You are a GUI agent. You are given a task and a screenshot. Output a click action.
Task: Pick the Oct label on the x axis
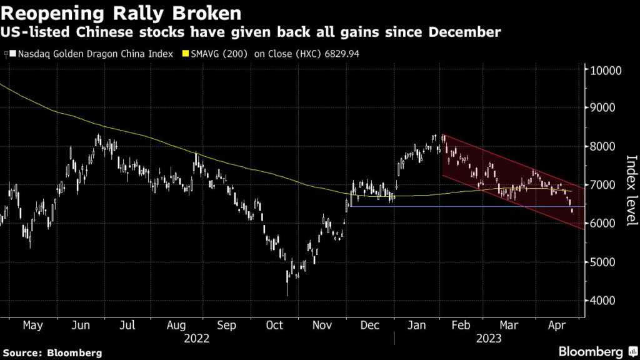point(274,326)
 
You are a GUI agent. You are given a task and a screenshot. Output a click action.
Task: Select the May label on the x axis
point(32,326)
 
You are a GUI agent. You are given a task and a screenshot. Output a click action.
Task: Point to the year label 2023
point(489,338)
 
